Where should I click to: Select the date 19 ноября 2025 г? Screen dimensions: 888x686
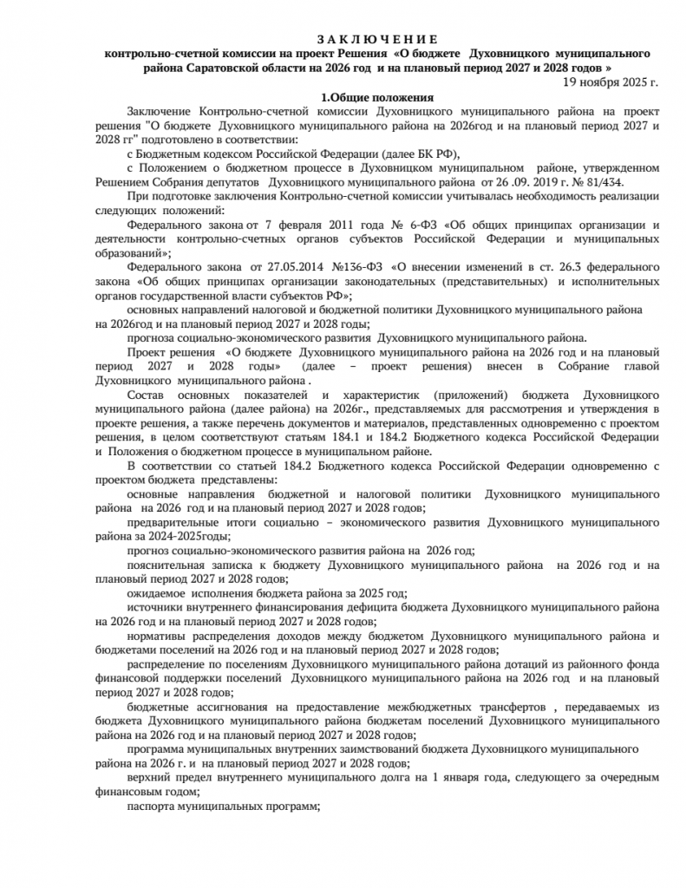611,82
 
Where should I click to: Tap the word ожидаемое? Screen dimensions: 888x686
156,593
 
